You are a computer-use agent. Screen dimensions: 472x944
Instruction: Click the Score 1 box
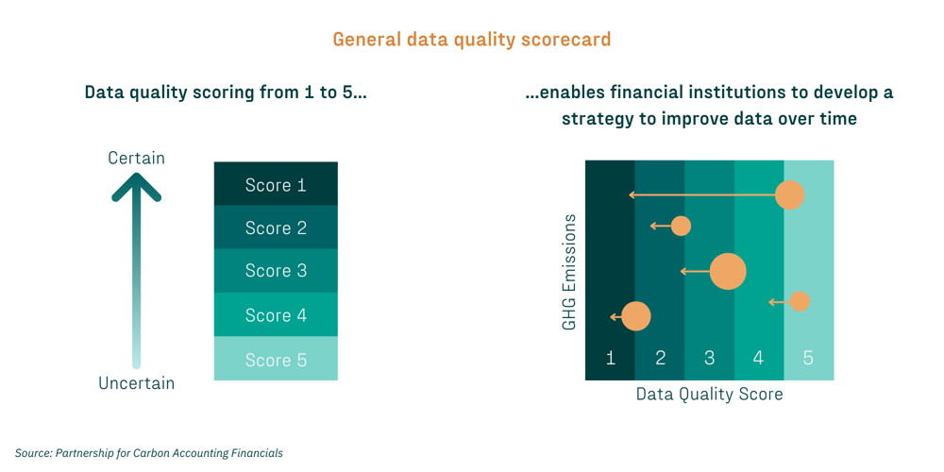(276, 184)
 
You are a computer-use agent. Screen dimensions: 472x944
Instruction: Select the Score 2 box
(276, 228)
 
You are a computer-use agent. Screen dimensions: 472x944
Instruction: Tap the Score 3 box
(276, 271)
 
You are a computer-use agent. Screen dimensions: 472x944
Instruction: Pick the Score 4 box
(276, 314)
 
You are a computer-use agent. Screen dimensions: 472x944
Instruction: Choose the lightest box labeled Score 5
(276, 359)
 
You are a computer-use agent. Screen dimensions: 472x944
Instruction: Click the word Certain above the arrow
(136, 158)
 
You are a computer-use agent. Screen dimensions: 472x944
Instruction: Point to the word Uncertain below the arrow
(136, 383)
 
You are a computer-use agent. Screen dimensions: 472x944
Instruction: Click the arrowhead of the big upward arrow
(137, 188)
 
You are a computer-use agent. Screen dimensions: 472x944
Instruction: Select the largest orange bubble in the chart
(728, 272)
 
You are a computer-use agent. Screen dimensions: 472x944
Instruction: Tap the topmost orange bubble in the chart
(789, 195)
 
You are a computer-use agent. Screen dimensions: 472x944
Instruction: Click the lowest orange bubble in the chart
(636, 316)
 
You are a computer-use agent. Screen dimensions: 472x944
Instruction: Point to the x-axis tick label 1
(611, 359)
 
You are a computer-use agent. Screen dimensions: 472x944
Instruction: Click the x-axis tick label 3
(710, 359)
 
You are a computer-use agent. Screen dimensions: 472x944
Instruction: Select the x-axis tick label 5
(808, 359)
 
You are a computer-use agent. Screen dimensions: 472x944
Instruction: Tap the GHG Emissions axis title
(569, 272)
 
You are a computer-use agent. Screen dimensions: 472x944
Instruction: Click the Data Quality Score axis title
(709, 394)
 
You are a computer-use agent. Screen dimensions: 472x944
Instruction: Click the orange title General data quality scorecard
(472, 40)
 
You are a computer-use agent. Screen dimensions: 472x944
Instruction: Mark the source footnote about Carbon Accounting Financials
(149, 453)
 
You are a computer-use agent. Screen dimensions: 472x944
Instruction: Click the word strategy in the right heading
(600, 119)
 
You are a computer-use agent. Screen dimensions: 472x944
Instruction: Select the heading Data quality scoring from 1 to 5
(226, 93)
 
